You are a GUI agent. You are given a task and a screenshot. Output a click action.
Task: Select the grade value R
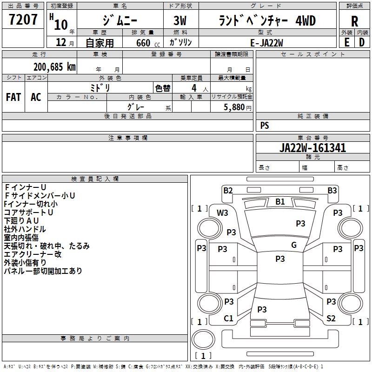[x=354, y=21]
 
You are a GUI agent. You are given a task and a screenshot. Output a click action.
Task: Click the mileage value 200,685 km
[x=54, y=66]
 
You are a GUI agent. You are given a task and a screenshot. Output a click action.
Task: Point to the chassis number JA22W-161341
[x=312, y=148]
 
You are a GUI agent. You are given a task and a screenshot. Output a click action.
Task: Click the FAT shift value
[x=13, y=97]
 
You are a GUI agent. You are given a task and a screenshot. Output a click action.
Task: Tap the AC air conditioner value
[x=36, y=97]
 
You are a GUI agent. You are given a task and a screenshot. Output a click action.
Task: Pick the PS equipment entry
[x=265, y=126]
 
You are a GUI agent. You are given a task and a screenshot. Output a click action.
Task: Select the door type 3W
[x=181, y=21]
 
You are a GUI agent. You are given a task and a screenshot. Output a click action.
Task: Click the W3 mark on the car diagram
[x=223, y=213]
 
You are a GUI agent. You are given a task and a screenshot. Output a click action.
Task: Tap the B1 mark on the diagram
[x=280, y=202]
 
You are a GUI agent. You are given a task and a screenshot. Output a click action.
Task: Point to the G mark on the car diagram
[x=293, y=245]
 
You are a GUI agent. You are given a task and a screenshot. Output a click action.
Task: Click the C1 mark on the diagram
[x=228, y=319]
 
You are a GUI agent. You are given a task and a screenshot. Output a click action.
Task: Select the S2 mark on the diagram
[x=331, y=319]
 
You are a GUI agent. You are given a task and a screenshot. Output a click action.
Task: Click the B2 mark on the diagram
[x=228, y=190]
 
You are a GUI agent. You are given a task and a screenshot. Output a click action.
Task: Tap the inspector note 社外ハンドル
[x=25, y=229]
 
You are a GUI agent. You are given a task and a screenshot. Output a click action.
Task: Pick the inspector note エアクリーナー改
[x=33, y=254]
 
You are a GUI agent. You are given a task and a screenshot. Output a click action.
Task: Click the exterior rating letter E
[x=346, y=42]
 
